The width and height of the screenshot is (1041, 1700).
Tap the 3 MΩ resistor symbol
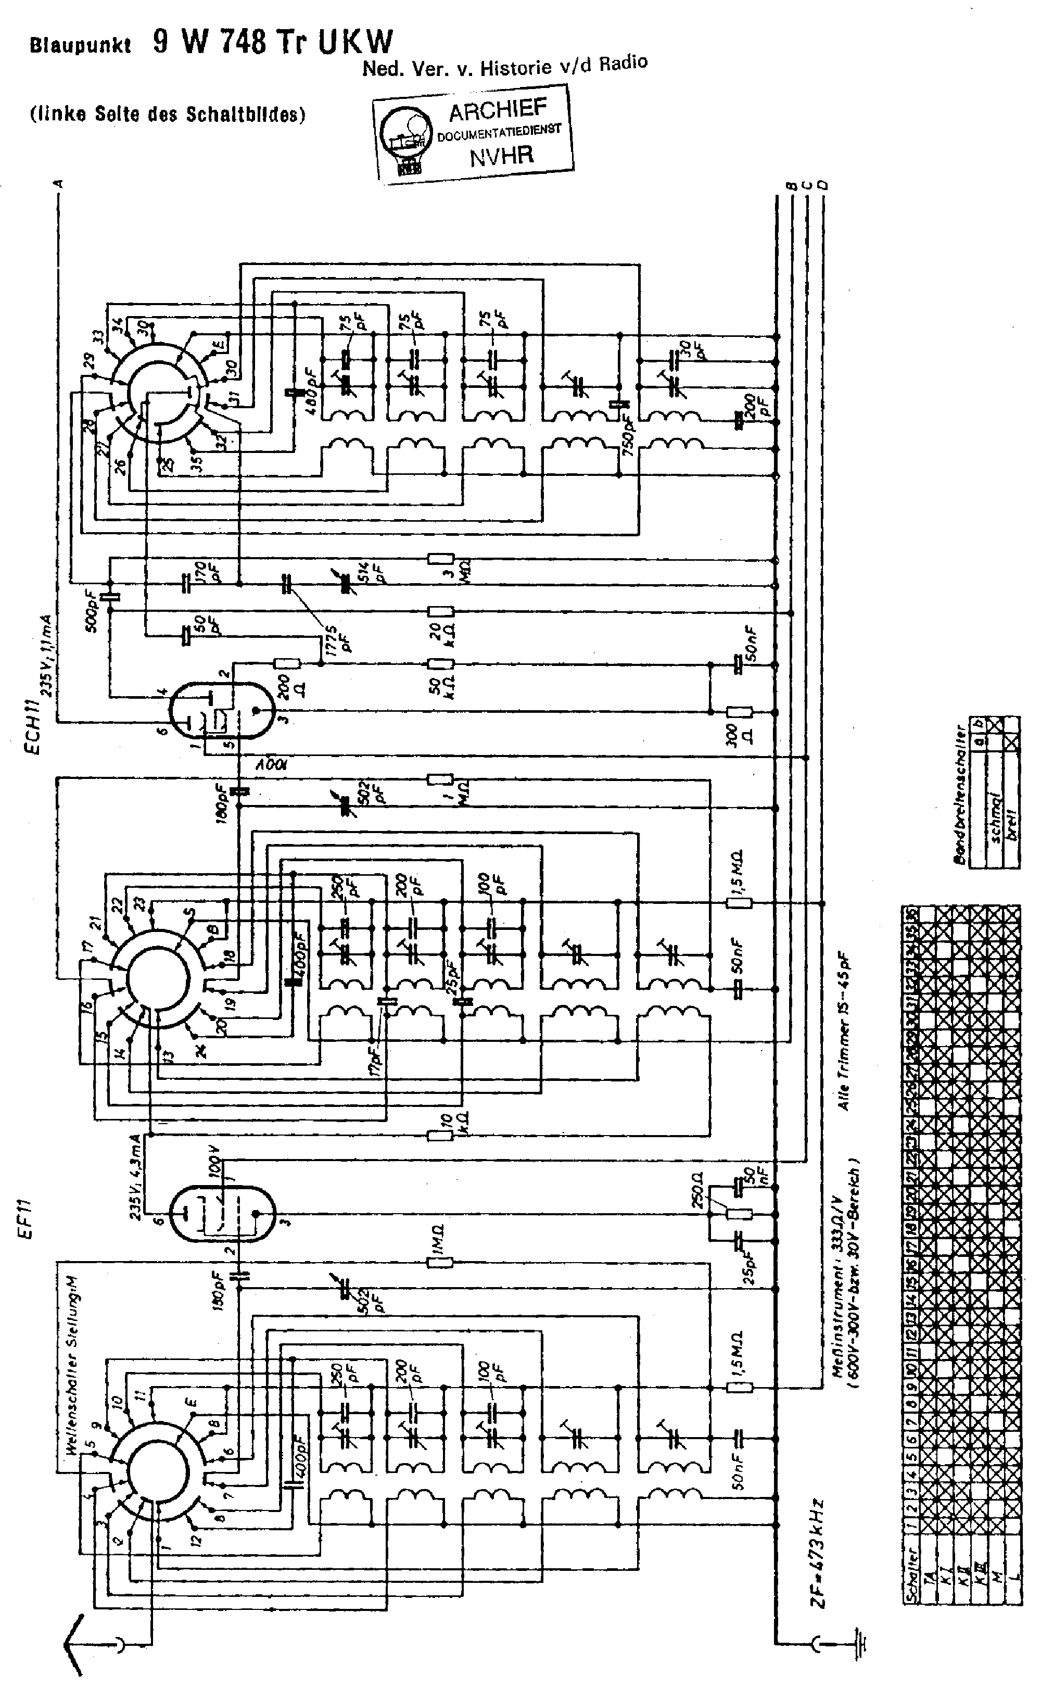click(x=441, y=559)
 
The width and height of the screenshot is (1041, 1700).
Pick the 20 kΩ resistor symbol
click(x=441, y=611)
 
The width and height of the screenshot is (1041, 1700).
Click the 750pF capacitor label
click(x=627, y=430)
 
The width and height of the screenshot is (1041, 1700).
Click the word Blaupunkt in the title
click(x=80, y=46)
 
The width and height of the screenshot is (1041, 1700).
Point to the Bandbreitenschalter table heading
click(x=959, y=793)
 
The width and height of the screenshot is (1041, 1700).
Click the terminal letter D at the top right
click(x=822, y=185)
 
